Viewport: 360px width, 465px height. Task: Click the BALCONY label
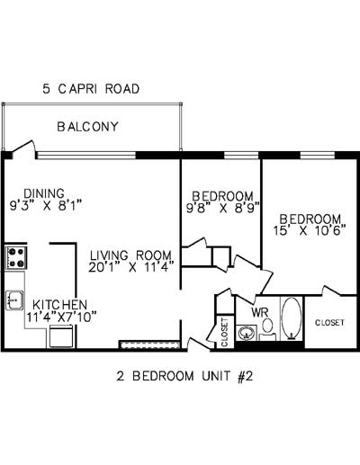87,127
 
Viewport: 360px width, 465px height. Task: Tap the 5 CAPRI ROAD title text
91,89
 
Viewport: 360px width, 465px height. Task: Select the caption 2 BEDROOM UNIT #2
184,376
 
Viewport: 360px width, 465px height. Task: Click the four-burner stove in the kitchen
16,257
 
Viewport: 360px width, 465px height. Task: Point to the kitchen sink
14,300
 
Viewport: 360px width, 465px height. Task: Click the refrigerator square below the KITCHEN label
61,336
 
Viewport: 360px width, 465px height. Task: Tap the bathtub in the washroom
292,318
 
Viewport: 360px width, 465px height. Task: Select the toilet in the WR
267,329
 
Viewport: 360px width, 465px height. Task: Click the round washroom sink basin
247,333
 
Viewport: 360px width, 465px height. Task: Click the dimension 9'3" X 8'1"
46,206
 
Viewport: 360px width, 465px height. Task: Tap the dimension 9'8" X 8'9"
222,208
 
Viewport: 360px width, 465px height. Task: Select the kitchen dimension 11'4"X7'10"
61,317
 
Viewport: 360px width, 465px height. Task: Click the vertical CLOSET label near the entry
225,333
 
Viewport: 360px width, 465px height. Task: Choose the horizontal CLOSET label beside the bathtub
329,323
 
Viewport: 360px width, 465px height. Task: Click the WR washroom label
260,313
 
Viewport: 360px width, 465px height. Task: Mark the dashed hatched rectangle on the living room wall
149,344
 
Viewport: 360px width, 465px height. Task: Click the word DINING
44,193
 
